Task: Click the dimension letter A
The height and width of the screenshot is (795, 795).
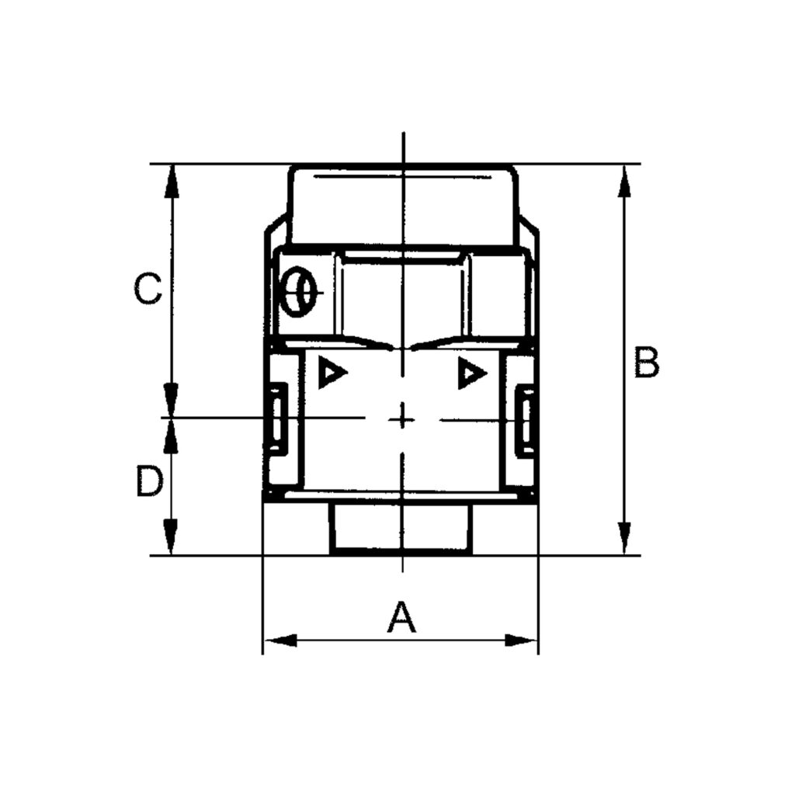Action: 401,618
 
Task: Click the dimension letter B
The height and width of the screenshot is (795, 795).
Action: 646,363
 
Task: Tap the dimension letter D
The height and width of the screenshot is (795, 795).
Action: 149,482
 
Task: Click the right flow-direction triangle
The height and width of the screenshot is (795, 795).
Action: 470,374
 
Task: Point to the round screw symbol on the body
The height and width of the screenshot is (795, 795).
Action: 299,293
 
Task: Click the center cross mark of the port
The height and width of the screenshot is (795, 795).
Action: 401,419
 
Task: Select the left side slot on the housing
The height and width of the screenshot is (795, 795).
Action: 275,418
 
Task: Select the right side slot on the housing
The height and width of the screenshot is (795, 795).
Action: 526,418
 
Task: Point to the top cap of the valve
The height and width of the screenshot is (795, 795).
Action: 402,203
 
